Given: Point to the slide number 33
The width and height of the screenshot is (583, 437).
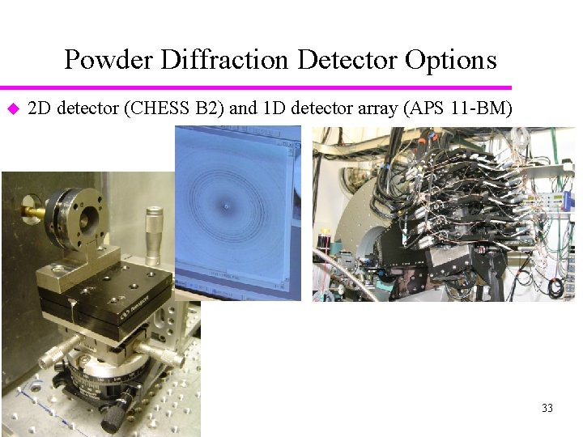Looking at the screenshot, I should click(x=547, y=408).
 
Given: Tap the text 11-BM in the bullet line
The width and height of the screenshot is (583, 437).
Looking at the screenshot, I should click(x=479, y=108).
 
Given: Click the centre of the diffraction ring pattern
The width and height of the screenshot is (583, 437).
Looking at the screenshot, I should click(x=225, y=206).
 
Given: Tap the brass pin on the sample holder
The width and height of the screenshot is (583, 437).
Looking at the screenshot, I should click(x=35, y=212).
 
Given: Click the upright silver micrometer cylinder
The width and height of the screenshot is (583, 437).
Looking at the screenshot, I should click(x=153, y=234).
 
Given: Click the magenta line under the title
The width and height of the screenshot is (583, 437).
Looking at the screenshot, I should click(x=256, y=87).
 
